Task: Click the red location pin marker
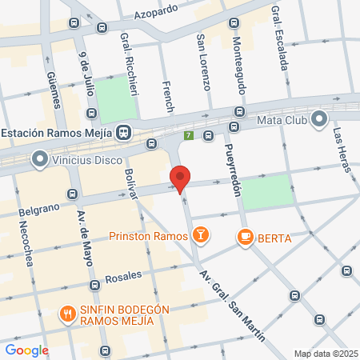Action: point(181,178)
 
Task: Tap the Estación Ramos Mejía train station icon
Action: point(124,133)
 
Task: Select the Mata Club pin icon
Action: point(320,121)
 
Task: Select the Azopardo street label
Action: point(156,14)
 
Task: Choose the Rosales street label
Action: point(124,276)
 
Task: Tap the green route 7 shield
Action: point(189,135)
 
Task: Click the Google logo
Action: point(26,350)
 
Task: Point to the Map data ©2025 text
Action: point(325,354)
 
